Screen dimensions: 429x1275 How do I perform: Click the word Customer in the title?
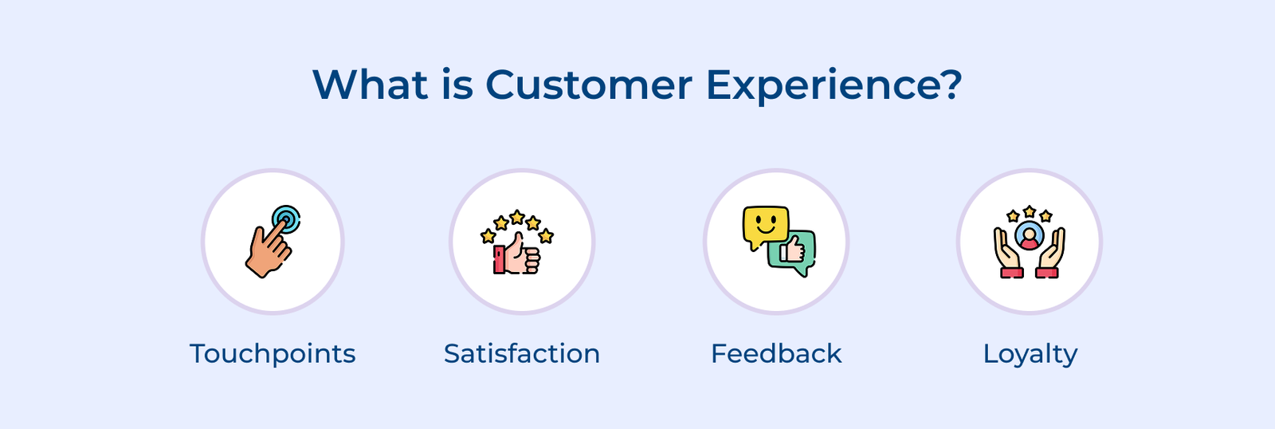coord(588,85)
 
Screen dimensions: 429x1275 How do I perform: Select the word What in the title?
coord(370,85)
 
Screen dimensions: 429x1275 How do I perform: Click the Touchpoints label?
coord(273,353)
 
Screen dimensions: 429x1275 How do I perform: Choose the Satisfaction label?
coord(522,353)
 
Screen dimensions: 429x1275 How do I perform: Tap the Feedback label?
coord(776,353)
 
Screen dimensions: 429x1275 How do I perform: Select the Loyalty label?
coord(1030,353)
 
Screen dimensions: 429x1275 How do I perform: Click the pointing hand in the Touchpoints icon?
coord(267,250)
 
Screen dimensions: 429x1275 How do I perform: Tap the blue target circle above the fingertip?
coord(286,218)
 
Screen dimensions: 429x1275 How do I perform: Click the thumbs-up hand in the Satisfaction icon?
coord(521,255)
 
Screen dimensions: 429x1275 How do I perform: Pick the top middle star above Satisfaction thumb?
coord(517,217)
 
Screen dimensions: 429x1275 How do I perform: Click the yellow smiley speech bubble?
coord(765,226)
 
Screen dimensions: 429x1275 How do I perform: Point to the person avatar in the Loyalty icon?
coord(1030,236)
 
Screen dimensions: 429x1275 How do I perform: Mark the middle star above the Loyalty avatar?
coord(1030,211)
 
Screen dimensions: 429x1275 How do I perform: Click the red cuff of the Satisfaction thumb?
coord(499,260)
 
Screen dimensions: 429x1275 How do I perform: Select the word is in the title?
coord(457,85)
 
